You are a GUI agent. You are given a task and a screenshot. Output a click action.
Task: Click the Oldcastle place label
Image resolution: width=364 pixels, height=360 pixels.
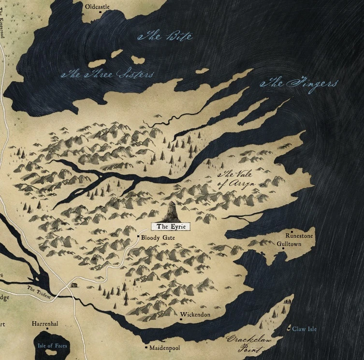[97, 7]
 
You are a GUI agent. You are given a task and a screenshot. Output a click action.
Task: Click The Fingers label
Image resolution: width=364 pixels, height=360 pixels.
[299, 84]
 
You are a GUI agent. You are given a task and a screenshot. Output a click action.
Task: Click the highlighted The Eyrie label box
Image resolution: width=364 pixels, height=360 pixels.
[171, 226]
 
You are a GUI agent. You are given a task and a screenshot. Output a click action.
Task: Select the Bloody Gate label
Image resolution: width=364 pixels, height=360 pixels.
[158, 238]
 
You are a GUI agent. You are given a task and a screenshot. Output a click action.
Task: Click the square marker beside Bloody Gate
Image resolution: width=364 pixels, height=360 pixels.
[138, 237]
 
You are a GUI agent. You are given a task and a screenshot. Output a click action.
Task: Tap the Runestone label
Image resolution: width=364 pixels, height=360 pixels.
[299, 236]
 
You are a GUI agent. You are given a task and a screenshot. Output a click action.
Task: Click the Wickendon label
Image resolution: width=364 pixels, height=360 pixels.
[195, 315]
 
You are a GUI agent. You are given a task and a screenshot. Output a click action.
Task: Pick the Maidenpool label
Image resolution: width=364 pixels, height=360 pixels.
[165, 347]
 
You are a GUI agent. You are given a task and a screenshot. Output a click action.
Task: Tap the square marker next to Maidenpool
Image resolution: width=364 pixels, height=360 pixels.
[146, 347]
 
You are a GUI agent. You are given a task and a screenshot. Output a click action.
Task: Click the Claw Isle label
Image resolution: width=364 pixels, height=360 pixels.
[305, 329]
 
